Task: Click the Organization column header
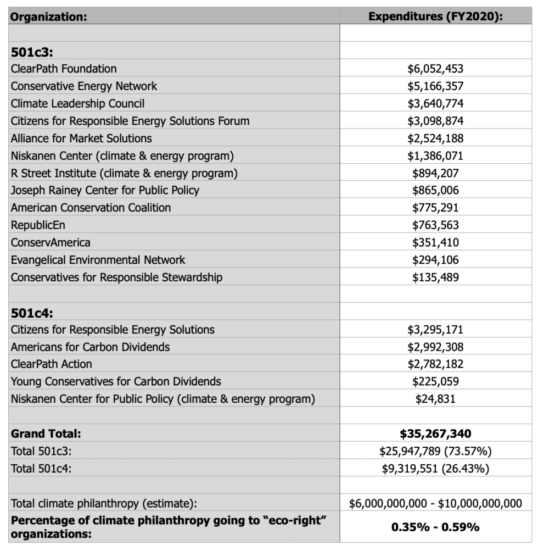pos(49,16)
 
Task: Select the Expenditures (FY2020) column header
pos(435,16)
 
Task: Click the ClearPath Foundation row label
pos(64,69)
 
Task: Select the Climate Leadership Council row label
pos(77,103)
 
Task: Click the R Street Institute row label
pos(124,173)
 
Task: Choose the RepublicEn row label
pos(35,225)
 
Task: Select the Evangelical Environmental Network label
pos(98,260)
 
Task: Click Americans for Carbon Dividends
pos(90,347)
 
